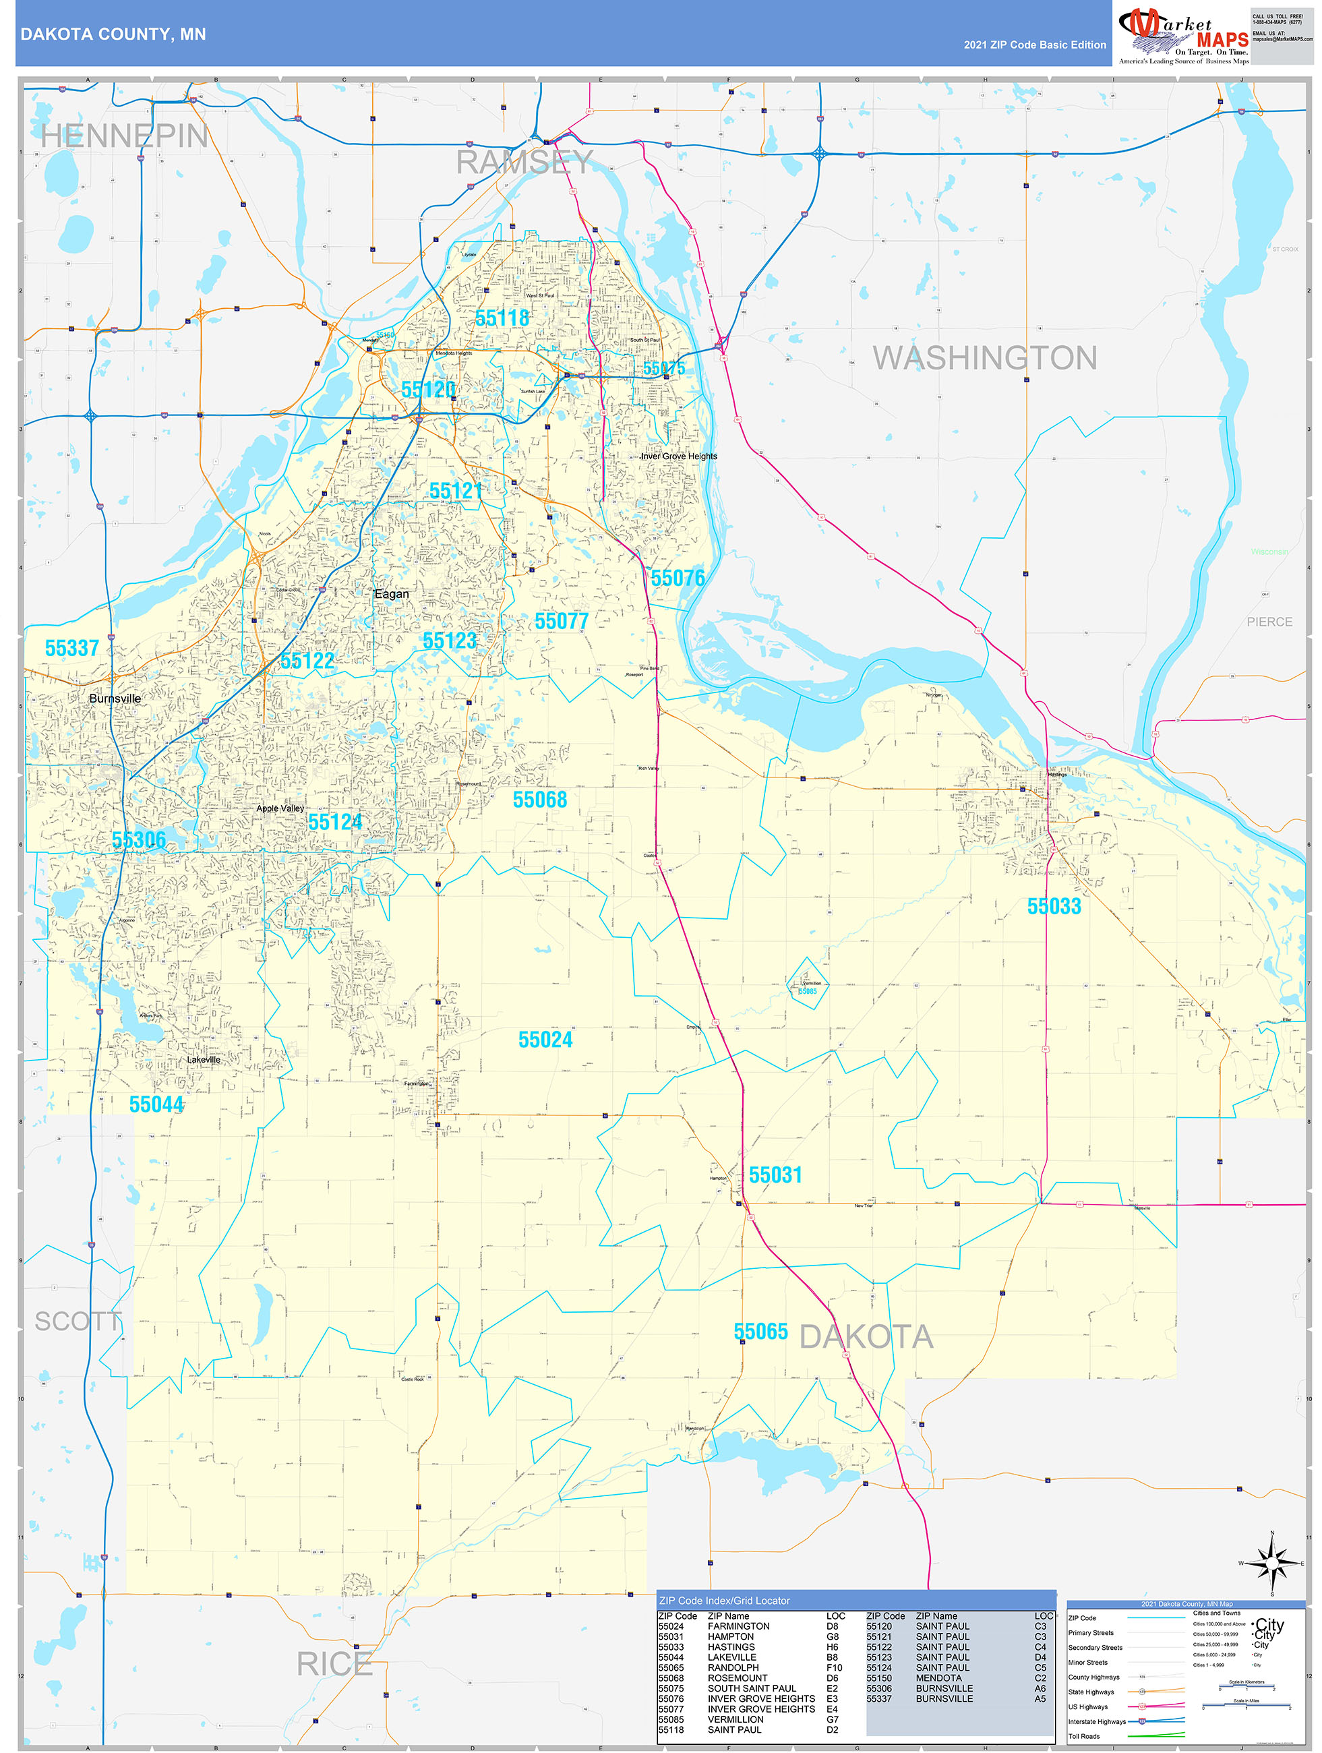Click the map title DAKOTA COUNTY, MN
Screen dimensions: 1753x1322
pos(113,34)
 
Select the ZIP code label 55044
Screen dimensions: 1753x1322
pos(156,1104)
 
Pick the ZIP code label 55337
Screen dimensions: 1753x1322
pos(72,648)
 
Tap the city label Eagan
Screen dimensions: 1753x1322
pos(392,593)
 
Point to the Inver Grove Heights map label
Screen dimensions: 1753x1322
pos(680,456)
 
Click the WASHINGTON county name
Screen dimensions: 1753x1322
pos(984,358)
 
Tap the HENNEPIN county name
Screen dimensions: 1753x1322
pos(125,136)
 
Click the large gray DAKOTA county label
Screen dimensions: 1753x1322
pos(866,1337)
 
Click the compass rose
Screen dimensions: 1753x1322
pos(1272,1564)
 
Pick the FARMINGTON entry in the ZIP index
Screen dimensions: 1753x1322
pos(738,1626)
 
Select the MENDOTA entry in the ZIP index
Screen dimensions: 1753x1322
pos(938,1677)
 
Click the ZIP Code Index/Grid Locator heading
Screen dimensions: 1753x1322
pos(725,1600)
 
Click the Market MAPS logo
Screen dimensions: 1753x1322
pos(1182,33)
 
